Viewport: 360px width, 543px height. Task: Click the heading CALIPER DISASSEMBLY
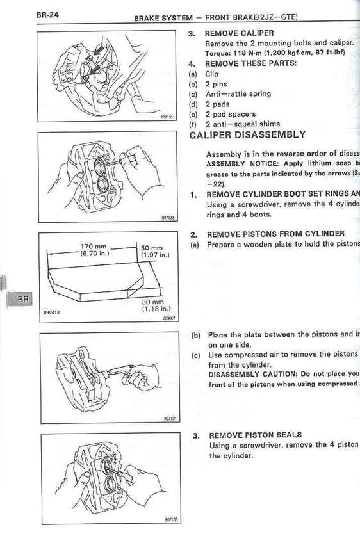pos(247,135)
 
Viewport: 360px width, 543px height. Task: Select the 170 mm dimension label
pos(94,247)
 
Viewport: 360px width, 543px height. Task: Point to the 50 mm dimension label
pos(152,248)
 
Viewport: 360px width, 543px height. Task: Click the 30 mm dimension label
pos(152,302)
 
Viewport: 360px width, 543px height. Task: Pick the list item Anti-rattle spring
pos(238,93)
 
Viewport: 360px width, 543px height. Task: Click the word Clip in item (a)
pos(211,74)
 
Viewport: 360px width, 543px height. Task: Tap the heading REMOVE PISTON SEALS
pos(255,435)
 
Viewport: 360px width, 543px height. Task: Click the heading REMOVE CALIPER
pos(239,33)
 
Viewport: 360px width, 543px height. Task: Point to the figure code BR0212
pos(53,312)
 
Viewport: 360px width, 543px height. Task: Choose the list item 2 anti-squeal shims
pos(242,124)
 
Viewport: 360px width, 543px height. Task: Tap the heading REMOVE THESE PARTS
pos(250,63)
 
